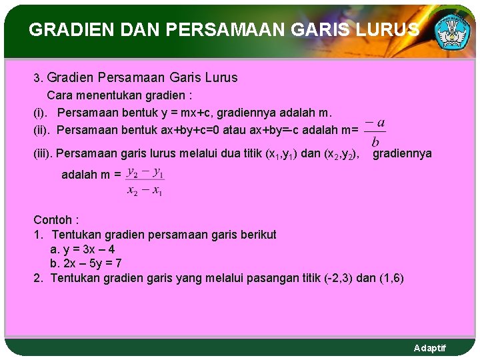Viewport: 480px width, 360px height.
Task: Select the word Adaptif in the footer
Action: coord(430,348)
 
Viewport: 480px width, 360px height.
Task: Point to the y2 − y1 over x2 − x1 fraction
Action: coord(145,181)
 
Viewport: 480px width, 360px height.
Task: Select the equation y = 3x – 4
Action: coord(86,249)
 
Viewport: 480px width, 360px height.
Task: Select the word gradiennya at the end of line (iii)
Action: coord(402,153)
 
